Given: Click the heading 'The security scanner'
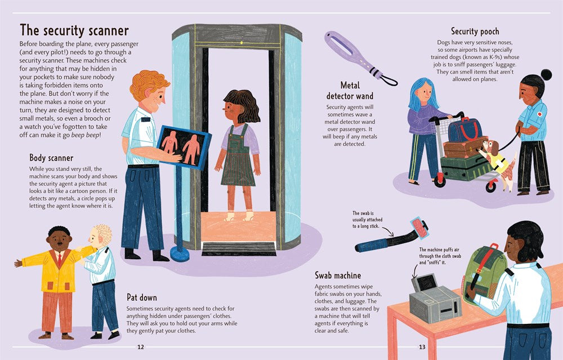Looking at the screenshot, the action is pyautogui.click(x=74, y=30).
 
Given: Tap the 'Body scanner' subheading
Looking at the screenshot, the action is pyautogui.click(x=51, y=158).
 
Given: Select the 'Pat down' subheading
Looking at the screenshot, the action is pyautogui.click(x=142, y=297).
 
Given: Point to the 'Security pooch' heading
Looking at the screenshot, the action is pyautogui.click(x=475, y=32).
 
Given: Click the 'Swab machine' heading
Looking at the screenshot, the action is pyautogui.click(x=338, y=275).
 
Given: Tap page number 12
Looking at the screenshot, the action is pyautogui.click(x=140, y=346).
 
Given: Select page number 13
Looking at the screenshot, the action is pyautogui.click(x=422, y=346).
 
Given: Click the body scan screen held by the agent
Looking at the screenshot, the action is pyautogui.click(x=184, y=146).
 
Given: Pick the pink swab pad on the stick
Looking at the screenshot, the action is pyautogui.click(x=419, y=228).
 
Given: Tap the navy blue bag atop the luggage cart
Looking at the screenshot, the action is pyautogui.click(x=466, y=130).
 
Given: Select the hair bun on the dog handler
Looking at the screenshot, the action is pyautogui.click(x=546, y=75).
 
